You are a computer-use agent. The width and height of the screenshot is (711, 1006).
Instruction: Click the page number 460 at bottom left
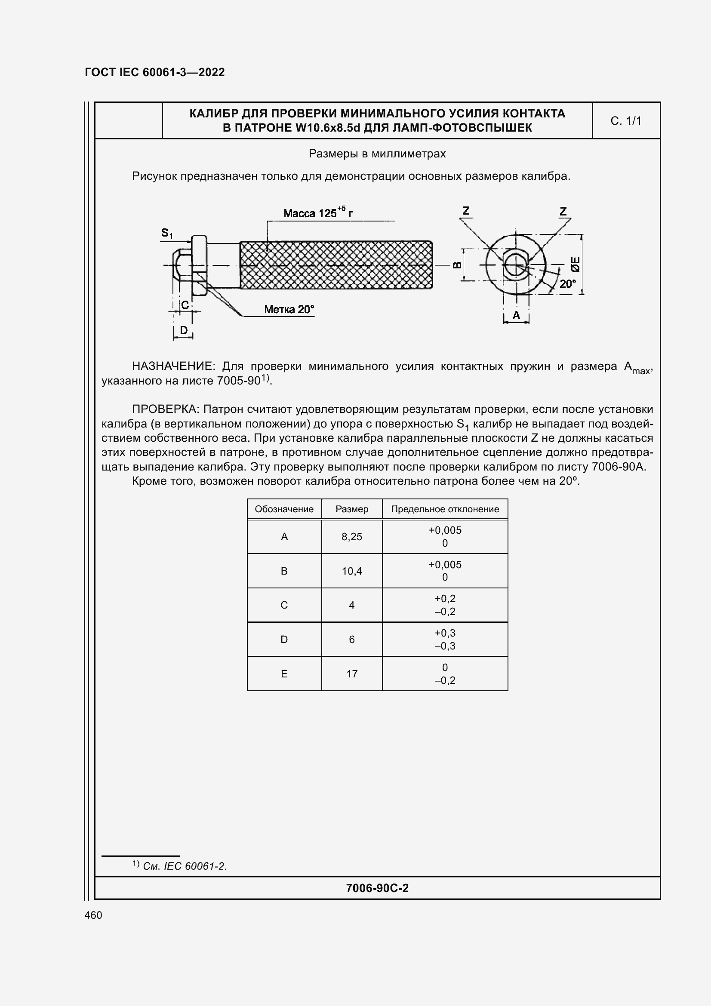93,915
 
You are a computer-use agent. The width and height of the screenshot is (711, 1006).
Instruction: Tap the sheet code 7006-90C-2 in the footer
377,888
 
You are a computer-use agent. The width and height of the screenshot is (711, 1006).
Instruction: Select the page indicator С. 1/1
625,121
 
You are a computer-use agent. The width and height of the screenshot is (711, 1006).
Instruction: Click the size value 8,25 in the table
352,537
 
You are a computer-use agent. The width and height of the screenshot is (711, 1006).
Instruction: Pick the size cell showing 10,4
352,571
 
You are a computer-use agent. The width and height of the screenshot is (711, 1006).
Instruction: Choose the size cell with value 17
352,674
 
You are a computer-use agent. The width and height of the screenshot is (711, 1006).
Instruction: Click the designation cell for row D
284,639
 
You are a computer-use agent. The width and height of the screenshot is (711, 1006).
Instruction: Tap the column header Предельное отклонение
445,509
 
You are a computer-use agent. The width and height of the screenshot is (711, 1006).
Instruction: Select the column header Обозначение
284,509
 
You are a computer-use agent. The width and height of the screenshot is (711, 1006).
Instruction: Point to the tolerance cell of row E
445,674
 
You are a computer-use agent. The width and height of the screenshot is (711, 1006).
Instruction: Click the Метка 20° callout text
289,309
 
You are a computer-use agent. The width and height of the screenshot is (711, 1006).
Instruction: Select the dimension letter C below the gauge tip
185,305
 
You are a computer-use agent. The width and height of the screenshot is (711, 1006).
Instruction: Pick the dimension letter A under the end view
516,315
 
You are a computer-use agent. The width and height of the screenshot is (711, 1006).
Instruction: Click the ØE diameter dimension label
575,264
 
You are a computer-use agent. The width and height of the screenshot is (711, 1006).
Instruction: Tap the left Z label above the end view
466,211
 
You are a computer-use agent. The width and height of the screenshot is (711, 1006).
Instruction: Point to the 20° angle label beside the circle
567,283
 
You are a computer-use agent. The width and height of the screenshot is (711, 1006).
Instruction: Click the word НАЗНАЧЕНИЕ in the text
172,366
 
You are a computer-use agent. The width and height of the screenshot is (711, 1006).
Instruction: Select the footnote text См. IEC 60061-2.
185,866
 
